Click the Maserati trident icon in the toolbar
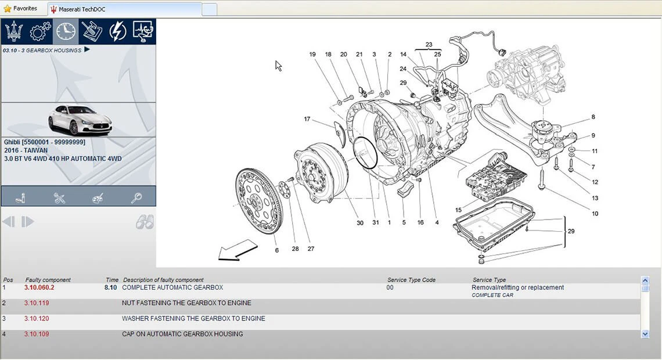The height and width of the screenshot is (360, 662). tap(14, 31)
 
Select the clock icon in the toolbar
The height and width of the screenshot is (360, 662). tap(66, 31)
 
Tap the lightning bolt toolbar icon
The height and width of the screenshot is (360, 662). tap(117, 31)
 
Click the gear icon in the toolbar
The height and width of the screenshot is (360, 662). tap(39, 31)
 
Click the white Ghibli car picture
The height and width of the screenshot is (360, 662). tap(80, 120)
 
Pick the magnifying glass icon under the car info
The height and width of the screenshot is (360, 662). tap(136, 197)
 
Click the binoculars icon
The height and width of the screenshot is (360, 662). tap(145, 222)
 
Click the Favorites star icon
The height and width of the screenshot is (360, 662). tap(7, 9)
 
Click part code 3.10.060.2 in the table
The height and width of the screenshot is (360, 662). tap(39, 287)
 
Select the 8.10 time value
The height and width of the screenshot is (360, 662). tap(110, 287)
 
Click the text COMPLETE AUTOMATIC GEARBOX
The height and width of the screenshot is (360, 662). tap(172, 287)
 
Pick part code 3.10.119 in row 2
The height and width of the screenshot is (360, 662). tap(37, 303)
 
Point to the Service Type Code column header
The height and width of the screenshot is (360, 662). tap(411, 280)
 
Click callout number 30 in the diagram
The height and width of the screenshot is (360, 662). tap(359, 223)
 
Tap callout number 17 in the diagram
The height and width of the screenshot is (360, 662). tap(307, 119)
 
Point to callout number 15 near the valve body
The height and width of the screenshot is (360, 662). tap(459, 210)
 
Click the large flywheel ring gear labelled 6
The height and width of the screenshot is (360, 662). tap(259, 201)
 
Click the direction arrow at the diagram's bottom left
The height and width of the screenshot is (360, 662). tap(238, 250)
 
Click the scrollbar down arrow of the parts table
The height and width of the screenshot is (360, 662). tap(645, 334)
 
